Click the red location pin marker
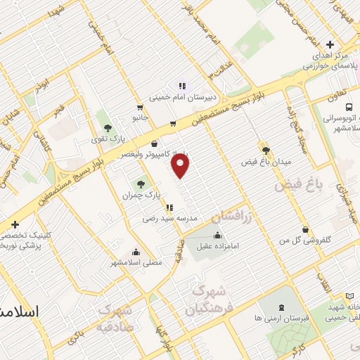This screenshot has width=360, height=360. tap(181, 166)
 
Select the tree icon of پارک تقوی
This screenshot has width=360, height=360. tap(108, 128)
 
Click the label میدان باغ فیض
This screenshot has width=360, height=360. tap(266, 162)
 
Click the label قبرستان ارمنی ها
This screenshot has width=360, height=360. tap(282, 318)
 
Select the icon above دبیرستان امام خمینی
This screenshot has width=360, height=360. tap(181, 87)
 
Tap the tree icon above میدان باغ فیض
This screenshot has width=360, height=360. tap(266, 150)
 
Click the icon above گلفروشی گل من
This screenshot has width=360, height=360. tap(304, 229)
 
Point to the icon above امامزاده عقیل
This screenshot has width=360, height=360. tap(217, 234)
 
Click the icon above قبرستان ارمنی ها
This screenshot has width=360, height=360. tap(282, 307)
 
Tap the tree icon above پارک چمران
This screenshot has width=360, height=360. tap(142, 183)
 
